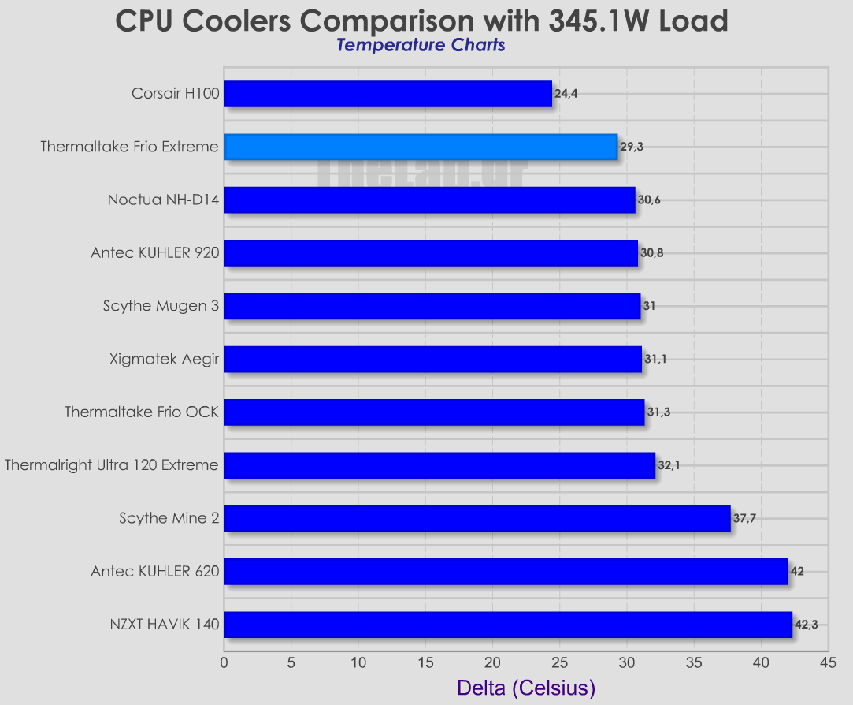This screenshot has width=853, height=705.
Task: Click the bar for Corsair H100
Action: tap(388, 94)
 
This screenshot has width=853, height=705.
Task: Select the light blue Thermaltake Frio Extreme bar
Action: tap(421, 147)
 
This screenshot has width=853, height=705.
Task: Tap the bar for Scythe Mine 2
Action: tap(477, 518)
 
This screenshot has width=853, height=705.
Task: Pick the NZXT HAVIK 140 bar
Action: tap(507, 625)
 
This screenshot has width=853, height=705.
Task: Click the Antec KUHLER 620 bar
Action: tap(506, 572)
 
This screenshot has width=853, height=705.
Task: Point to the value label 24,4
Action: tap(566, 94)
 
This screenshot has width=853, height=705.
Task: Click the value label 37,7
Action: tap(745, 518)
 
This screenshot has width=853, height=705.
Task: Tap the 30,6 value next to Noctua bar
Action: tap(650, 200)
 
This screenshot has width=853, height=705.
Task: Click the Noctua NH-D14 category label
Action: tap(163, 200)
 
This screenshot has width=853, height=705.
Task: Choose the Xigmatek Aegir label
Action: tap(165, 360)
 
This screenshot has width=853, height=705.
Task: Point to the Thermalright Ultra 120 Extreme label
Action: tap(111, 465)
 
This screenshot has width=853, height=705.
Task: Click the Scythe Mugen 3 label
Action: tap(161, 306)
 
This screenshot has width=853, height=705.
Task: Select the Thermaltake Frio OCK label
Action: tap(141, 412)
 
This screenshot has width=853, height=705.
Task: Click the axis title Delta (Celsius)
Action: tap(525, 688)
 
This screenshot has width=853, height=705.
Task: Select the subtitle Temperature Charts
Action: tap(421, 45)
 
